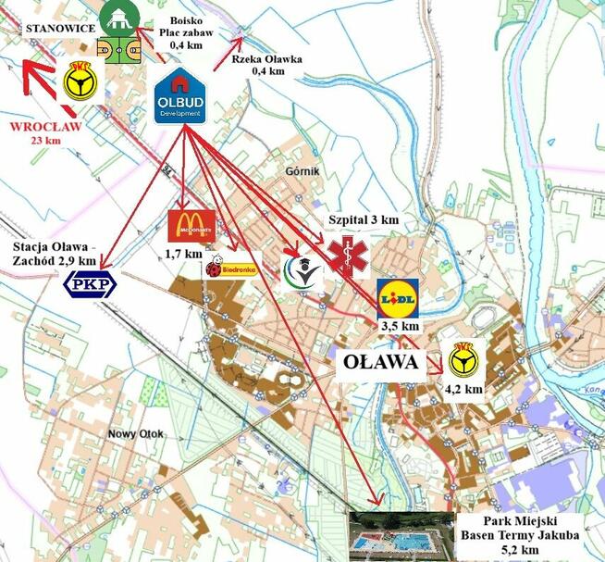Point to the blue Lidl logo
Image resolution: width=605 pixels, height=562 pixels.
click(x=398, y=298)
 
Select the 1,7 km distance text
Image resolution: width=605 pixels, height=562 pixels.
click(x=182, y=253)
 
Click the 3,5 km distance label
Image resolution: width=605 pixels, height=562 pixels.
click(x=400, y=326)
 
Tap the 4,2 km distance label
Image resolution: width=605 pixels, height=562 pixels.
click(x=463, y=390)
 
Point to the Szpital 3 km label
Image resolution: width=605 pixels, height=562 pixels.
click(x=364, y=219)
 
